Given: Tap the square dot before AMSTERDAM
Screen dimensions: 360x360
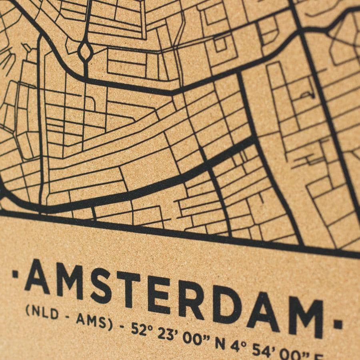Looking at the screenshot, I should point(15,274).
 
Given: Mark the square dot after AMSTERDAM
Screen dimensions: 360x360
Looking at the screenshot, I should point(338,324).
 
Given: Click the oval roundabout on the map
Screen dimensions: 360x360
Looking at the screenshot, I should point(85,51).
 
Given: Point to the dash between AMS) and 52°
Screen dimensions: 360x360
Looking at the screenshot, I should point(121,326).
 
